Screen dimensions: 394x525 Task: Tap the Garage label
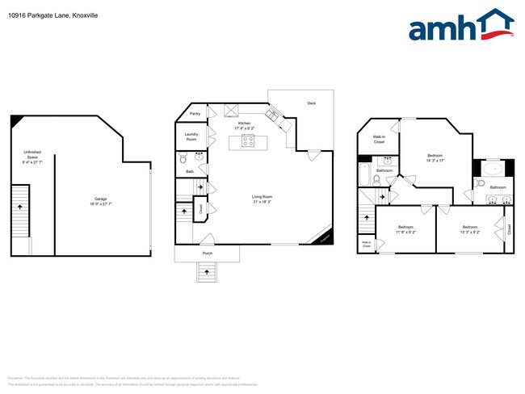[101, 200]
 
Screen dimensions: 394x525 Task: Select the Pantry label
[195, 114]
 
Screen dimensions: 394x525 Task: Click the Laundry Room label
[191, 136]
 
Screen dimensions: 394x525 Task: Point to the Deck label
[311, 103]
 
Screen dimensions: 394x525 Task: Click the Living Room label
[262, 197]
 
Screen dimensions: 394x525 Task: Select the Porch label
[208, 254]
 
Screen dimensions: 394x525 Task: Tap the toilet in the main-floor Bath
[183, 160]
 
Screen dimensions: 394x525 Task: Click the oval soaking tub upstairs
[492, 170]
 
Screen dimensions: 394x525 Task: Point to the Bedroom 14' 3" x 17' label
[435, 157]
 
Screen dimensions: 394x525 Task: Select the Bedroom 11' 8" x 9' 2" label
[406, 229]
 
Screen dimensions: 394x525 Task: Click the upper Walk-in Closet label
[379, 140]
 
